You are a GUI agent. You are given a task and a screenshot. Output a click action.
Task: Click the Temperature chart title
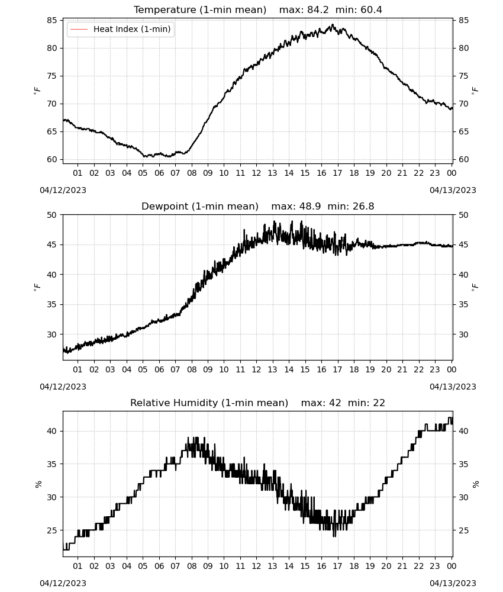coord(200,9)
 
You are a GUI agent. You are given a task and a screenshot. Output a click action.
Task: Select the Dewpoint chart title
coord(200,206)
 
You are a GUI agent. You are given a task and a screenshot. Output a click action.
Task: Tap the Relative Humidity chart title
coord(209,403)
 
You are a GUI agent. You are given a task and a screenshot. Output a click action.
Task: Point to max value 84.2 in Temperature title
coord(318,9)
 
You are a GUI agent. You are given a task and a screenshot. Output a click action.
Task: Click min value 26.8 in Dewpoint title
coord(363,206)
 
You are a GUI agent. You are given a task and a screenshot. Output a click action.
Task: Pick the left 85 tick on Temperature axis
coord(52,20)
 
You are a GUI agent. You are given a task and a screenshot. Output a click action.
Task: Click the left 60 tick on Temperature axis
coord(52,159)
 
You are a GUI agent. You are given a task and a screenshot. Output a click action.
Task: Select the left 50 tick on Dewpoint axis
coord(52,215)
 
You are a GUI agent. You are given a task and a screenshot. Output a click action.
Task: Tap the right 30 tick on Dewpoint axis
coord(464,334)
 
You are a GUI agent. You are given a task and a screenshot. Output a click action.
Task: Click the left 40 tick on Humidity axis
coord(52,431)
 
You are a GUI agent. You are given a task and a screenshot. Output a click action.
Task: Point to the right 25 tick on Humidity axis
coord(464,530)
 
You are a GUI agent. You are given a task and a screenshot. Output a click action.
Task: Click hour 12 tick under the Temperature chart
coord(256,173)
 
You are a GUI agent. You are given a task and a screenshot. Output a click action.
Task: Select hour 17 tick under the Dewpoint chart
coord(337,369)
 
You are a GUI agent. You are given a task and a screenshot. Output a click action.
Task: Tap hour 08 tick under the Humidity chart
coord(192,566)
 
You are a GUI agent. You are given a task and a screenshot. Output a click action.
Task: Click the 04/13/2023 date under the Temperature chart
coord(453,190)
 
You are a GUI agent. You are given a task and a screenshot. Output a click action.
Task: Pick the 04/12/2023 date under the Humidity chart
coord(63,583)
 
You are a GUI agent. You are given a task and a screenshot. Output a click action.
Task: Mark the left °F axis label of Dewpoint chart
coord(37,287)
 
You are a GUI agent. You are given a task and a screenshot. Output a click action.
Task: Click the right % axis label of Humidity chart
coord(475,484)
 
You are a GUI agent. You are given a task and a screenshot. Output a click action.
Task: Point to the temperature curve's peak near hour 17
coord(333,24)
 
